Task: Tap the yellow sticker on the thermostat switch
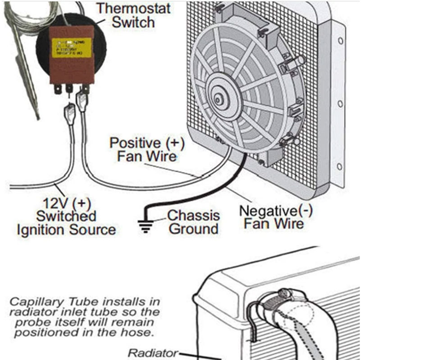(x=72, y=47)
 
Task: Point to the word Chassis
(x=193, y=216)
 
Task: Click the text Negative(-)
(x=275, y=210)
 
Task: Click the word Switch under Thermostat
(x=133, y=22)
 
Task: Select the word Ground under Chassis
(x=193, y=229)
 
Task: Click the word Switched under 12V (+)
(x=66, y=216)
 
